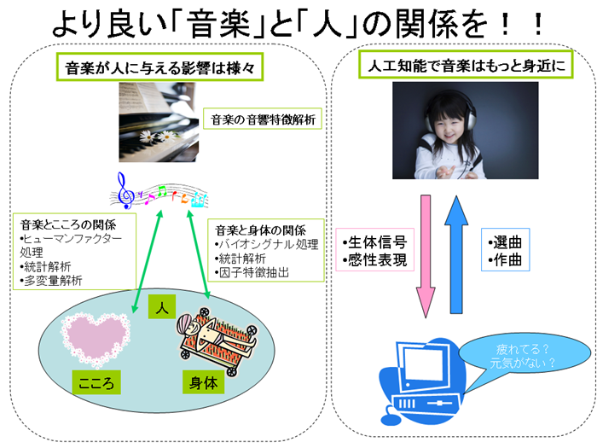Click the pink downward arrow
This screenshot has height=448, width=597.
426,256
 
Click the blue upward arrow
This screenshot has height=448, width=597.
456,254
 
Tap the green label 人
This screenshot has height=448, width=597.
162,306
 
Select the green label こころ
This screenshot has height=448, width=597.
96,382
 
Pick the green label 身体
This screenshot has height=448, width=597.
204,382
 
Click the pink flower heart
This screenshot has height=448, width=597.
96,338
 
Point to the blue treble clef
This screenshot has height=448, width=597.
125,190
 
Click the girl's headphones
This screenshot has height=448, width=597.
450,110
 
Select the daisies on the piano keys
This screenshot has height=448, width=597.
157,136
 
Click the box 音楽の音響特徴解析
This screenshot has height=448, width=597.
263,119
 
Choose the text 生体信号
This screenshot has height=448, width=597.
374,241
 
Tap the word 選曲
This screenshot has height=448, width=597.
505,241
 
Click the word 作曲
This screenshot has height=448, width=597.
505,259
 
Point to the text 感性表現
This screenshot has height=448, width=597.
374,259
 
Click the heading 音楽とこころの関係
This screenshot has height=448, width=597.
68,224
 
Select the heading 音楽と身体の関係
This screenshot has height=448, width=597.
260,230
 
